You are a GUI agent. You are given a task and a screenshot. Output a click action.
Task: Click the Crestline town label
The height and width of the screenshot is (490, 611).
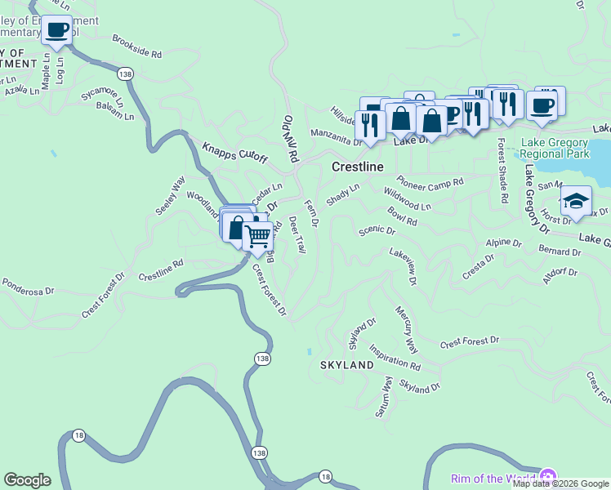(x=358, y=167)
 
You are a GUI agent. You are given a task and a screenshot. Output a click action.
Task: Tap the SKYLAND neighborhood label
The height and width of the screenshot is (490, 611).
(x=346, y=365)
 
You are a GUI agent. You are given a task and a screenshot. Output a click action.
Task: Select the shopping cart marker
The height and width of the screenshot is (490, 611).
(x=258, y=237)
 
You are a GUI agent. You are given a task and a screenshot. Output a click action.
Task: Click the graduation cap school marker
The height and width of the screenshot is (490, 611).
(x=576, y=201)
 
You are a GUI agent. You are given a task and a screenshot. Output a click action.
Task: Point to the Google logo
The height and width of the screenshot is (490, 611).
(x=28, y=480)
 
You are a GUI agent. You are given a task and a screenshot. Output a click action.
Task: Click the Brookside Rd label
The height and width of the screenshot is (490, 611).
(x=137, y=47)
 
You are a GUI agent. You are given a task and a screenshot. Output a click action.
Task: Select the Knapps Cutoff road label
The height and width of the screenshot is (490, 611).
(x=234, y=153)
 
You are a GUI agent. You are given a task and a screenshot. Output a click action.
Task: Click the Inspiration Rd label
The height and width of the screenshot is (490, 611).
(x=395, y=356)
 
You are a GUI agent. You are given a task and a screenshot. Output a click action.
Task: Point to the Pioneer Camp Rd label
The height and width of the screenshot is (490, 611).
(x=430, y=184)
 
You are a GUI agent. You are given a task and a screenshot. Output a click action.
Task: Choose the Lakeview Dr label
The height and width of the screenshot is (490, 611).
(x=404, y=267)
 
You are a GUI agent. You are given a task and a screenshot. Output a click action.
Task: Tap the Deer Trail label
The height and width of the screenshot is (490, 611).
(x=297, y=234)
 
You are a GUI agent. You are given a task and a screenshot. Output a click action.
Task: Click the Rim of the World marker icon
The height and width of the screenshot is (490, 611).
(x=547, y=477)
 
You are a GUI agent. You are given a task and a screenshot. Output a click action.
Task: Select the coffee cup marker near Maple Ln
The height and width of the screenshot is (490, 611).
(x=56, y=31)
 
